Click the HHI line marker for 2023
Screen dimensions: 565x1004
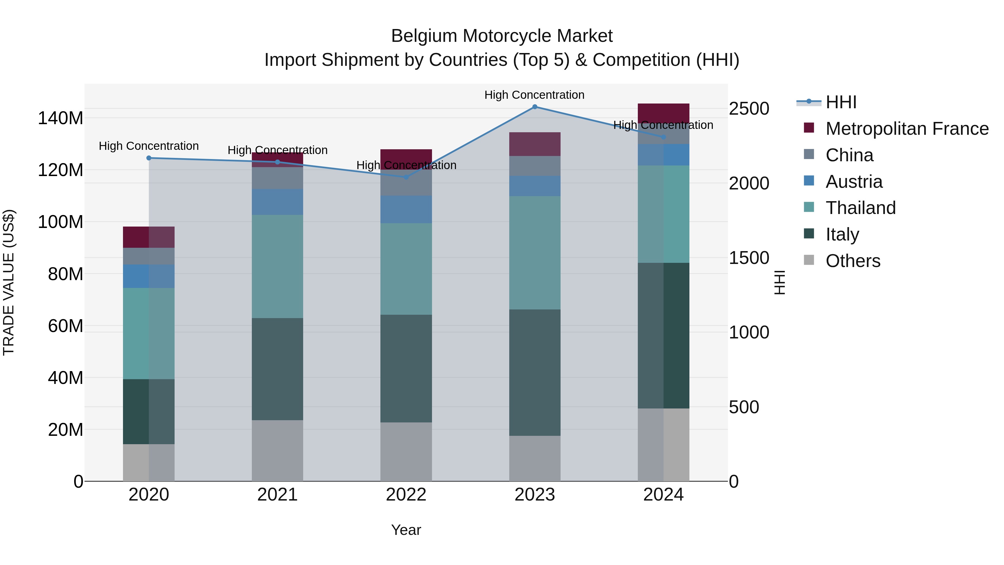[535, 107]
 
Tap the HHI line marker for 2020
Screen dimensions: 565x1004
[149, 158]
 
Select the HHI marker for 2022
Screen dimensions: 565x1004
[406, 177]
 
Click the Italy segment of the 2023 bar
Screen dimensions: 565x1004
[535, 372]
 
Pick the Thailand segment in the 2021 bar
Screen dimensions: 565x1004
[277, 266]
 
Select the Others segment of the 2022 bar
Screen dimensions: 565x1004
[406, 451]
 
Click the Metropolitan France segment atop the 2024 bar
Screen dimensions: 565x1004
[663, 113]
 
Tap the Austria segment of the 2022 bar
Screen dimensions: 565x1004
[406, 209]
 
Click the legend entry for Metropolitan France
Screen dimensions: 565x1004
[907, 129]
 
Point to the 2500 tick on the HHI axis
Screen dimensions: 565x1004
[749, 109]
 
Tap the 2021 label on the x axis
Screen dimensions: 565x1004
[277, 495]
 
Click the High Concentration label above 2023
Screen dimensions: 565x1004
[534, 95]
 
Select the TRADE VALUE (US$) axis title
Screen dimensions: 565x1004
[9, 282]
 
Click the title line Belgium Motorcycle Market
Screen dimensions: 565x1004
[502, 36]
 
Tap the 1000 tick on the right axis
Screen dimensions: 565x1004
[749, 333]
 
